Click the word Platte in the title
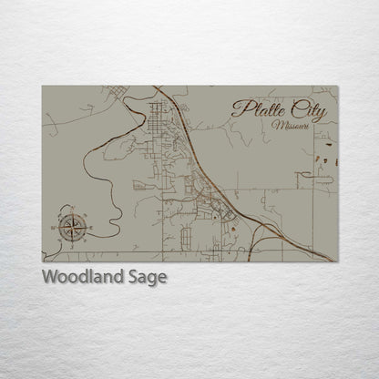pos(261,109)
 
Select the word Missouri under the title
pos(291,126)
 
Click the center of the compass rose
pos(73,225)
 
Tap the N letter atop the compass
pos(73,210)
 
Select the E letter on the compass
pos(89,225)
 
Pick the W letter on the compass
pos(56,225)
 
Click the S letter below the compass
pos(73,241)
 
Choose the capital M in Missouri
pos(276,126)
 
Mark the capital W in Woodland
pos(49,277)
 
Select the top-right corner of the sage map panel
pos(337,87)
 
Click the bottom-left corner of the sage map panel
pos(42,261)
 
